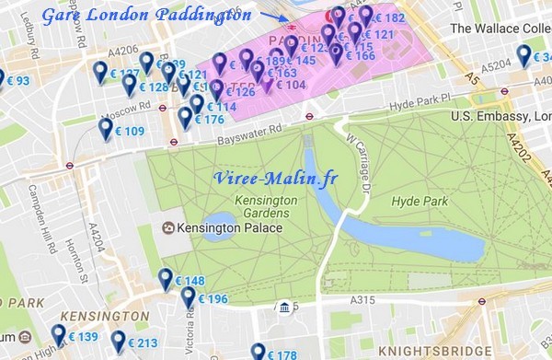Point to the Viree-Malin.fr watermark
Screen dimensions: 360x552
point(276,179)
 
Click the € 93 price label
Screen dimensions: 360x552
point(18,82)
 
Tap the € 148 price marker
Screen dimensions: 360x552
point(189,281)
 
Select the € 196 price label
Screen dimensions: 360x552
point(212,299)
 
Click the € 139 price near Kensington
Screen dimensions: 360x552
point(81,337)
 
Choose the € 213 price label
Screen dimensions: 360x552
point(142,343)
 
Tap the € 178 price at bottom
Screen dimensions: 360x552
point(281,355)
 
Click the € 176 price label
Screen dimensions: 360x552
point(209,120)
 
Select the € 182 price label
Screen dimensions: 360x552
point(389,18)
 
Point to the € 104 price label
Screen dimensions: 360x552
point(291,85)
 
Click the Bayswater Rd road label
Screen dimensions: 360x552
point(250,139)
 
